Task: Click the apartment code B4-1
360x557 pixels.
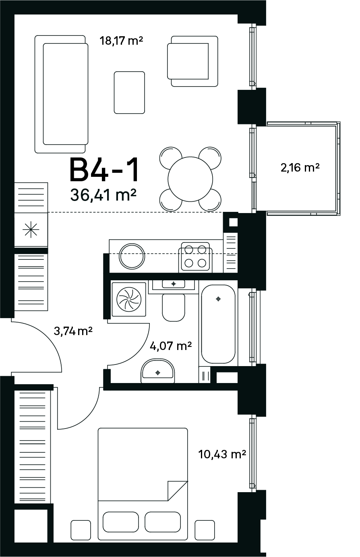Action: [x=104, y=171]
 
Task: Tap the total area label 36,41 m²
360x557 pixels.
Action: [x=103, y=195]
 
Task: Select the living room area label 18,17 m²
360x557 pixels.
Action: [x=121, y=41]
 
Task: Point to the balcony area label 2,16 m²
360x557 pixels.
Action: [x=300, y=168]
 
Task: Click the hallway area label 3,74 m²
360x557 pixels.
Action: [x=73, y=331]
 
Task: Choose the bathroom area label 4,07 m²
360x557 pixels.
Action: [x=171, y=346]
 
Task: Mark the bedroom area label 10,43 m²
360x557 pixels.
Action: [x=222, y=454]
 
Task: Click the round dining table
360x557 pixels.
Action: [x=190, y=179]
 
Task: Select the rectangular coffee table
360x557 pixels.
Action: [x=129, y=93]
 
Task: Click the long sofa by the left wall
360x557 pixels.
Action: [x=61, y=94]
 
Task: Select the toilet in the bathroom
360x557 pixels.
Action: [x=174, y=307]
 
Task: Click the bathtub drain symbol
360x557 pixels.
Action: [x=218, y=299]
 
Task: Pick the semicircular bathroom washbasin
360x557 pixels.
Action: [x=157, y=371]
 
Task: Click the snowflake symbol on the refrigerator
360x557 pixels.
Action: [x=31, y=230]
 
